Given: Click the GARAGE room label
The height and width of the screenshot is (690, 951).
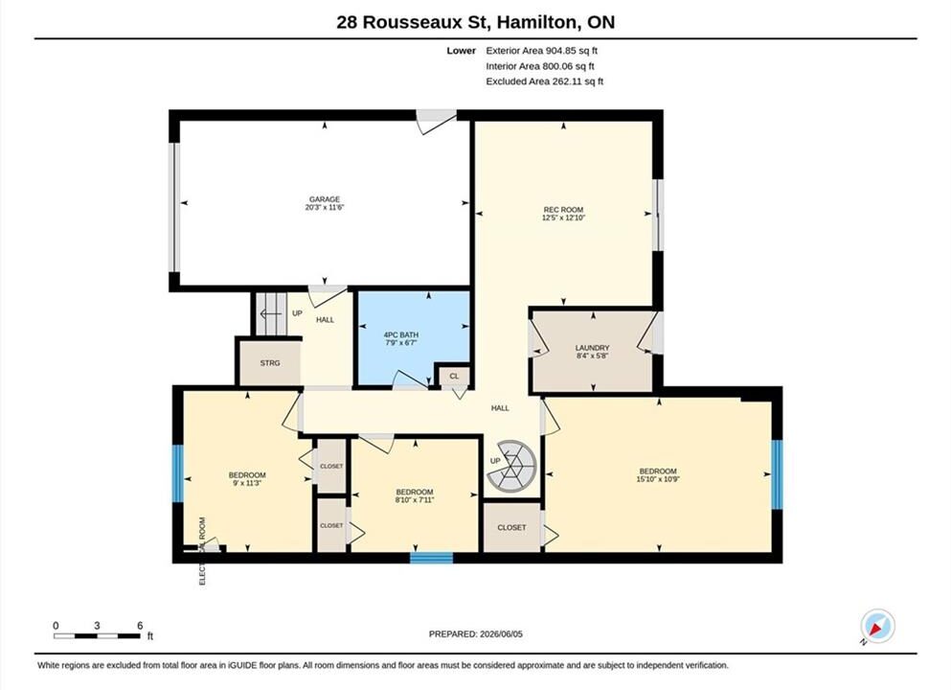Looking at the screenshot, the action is [325, 199].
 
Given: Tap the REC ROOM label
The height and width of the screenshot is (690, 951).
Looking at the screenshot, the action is [563, 210].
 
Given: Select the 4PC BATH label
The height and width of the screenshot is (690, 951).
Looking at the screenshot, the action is [401, 335].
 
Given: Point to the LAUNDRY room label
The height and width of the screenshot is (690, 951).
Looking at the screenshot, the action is [592, 348].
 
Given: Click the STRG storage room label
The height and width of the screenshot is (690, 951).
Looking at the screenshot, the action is [270, 363].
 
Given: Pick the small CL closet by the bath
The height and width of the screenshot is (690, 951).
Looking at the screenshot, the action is [454, 377].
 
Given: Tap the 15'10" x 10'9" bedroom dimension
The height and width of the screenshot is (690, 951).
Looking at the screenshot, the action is [657, 479].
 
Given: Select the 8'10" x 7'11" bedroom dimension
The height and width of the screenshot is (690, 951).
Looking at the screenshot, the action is [415, 500].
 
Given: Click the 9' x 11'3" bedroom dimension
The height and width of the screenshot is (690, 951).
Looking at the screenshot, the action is [247, 483].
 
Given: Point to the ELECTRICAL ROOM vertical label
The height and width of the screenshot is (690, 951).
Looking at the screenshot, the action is [203, 551].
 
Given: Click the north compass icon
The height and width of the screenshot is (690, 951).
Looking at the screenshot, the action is [877, 626].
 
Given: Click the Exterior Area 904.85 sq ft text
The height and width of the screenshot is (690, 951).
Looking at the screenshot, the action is [542, 51].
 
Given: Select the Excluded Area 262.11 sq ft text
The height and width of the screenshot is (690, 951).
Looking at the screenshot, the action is [545, 81].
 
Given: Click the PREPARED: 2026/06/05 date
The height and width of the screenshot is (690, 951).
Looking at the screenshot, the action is [475, 634].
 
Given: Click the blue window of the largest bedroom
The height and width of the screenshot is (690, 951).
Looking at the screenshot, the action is [777, 474].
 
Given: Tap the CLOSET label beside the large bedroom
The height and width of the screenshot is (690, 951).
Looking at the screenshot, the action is [511, 527].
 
